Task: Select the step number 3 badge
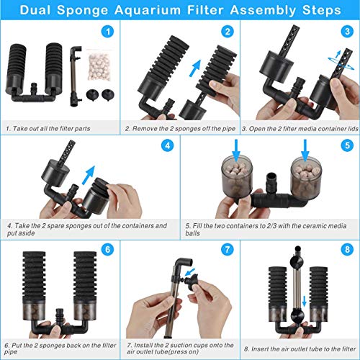click(346, 32)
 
